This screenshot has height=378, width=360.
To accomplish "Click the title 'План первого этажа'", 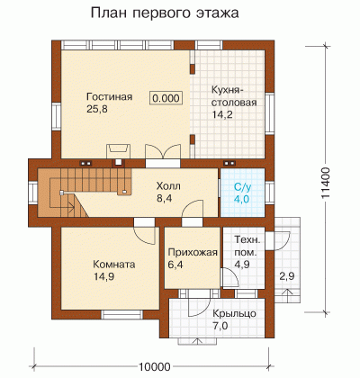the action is tap(165, 14).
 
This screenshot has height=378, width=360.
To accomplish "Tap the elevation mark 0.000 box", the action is tap(166, 98).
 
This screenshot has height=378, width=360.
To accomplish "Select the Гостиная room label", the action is tap(110, 97).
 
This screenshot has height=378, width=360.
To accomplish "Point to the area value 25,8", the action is tap(97, 109).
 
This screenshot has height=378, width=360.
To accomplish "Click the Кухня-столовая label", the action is tap(234, 96).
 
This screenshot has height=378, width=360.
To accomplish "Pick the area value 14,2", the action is tap(222, 114).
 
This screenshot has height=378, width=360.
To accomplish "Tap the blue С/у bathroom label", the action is tap(242, 188).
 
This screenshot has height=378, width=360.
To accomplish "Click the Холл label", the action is tap(168, 186).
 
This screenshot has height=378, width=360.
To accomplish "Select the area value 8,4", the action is tap(164, 198).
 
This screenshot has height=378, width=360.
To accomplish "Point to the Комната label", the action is tap(114, 265).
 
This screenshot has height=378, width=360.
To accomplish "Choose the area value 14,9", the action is tap(104, 276).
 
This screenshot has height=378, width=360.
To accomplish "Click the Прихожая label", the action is tap(193, 252).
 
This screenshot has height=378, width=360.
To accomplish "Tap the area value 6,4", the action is tap(175, 265).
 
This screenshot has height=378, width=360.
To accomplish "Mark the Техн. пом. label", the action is tap(247, 246).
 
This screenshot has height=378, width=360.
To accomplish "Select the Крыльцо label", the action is tap(235, 314).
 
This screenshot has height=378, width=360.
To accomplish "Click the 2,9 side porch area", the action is tap(287, 276).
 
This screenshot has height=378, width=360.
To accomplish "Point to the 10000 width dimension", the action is tap(155, 366).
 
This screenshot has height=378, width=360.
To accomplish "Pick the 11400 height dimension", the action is tap(326, 183).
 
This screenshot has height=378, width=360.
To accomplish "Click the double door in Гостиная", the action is tap(163, 151).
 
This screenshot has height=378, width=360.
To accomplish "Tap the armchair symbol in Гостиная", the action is tap(119, 150).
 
